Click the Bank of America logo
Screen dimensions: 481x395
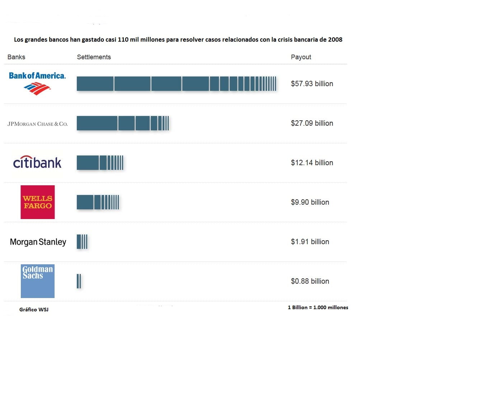point(37,83)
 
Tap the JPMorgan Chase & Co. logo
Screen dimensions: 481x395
point(37,124)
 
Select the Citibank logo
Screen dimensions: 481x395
point(37,162)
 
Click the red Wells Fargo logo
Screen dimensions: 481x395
point(38,202)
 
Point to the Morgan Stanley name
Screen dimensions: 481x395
point(38,242)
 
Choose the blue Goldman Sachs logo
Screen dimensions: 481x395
point(38,281)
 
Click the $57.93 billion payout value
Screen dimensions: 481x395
point(312,84)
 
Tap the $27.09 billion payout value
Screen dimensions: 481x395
point(312,123)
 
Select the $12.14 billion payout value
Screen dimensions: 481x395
point(312,163)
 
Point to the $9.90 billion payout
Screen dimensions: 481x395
point(310,202)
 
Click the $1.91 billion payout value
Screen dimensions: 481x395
point(310,242)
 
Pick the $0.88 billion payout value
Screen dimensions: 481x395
point(310,281)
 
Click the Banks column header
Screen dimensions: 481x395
point(16,57)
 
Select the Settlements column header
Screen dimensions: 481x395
point(94,57)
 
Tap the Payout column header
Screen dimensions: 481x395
point(301,57)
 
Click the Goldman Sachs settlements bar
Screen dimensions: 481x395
point(79,281)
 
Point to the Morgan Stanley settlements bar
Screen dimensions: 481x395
point(82,242)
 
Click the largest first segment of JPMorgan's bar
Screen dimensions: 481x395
point(97,123)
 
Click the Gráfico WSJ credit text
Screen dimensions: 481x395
point(34,310)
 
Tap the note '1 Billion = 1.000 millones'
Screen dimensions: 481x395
point(318,307)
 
